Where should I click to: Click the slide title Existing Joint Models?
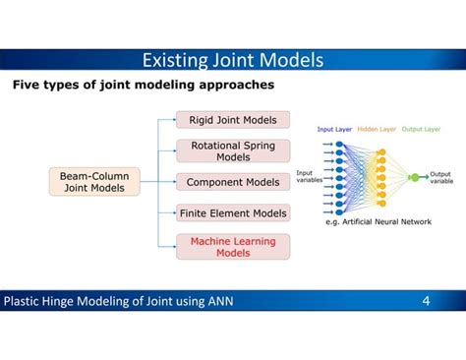[x=232, y=61]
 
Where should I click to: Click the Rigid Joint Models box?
[x=233, y=120]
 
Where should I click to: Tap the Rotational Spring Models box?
[x=233, y=150]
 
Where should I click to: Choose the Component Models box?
[x=233, y=182]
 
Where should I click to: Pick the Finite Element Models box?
[x=233, y=212]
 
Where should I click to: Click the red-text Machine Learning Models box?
[x=233, y=246]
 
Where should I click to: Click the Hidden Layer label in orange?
[x=377, y=129]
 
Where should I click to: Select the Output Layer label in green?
[x=420, y=129]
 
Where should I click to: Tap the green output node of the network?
[x=414, y=178]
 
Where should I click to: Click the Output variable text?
[x=440, y=178]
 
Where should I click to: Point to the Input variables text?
[x=311, y=177]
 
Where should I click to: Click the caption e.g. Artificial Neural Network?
[x=379, y=222]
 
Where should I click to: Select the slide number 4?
[x=426, y=300]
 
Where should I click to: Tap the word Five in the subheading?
[x=28, y=87]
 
